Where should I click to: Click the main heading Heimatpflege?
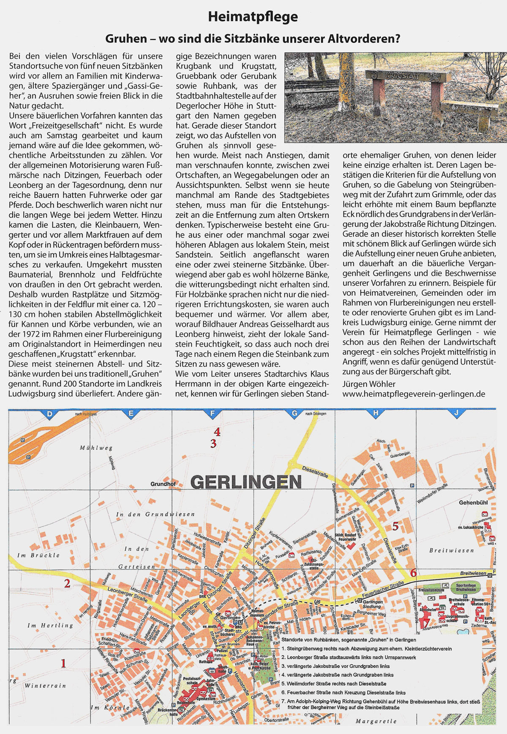click(x=253, y=17)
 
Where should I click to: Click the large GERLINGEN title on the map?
click(x=246, y=482)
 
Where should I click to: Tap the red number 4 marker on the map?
click(x=217, y=432)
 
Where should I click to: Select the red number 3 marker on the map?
click(x=213, y=444)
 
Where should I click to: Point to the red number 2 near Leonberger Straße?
click(x=67, y=584)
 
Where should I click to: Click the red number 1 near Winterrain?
click(x=63, y=663)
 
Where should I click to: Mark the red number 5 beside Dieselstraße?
click(x=395, y=526)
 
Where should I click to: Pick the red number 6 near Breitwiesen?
click(x=413, y=573)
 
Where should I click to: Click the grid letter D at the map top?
click(x=49, y=414)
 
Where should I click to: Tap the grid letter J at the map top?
click(x=456, y=414)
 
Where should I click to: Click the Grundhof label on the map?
click(x=163, y=484)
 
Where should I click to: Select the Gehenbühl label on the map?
click(x=473, y=503)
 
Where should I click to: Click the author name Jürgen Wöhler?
click(x=369, y=384)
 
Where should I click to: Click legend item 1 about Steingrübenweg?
click(x=366, y=649)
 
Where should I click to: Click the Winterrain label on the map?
click(x=45, y=685)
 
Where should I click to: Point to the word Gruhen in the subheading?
click(x=125, y=39)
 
